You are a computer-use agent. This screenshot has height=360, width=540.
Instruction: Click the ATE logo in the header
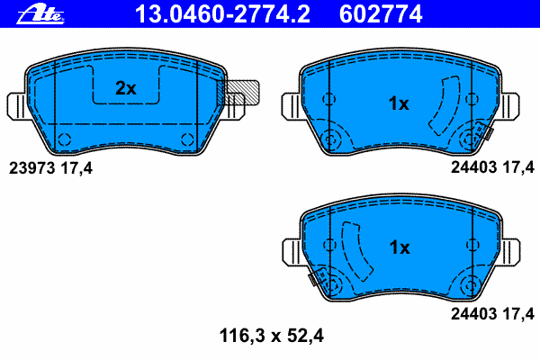[x=40, y=14]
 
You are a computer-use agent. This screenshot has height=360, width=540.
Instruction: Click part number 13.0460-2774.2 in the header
[x=222, y=14]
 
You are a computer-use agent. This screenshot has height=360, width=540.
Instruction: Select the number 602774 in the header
[x=381, y=14]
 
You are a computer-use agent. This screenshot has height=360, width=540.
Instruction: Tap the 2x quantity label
[x=126, y=88]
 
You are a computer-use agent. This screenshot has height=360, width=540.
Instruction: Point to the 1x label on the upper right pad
[x=399, y=103]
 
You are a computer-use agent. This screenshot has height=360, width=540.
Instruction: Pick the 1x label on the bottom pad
[x=400, y=247]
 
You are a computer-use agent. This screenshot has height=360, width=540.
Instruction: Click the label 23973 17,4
[x=50, y=168]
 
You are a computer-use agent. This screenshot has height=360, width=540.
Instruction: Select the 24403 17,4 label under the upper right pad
[x=492, y=167]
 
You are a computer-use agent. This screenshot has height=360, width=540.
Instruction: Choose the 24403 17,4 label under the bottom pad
[x=492, y=314]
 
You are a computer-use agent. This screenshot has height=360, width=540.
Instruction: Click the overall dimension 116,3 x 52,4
[x=272, y=336]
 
